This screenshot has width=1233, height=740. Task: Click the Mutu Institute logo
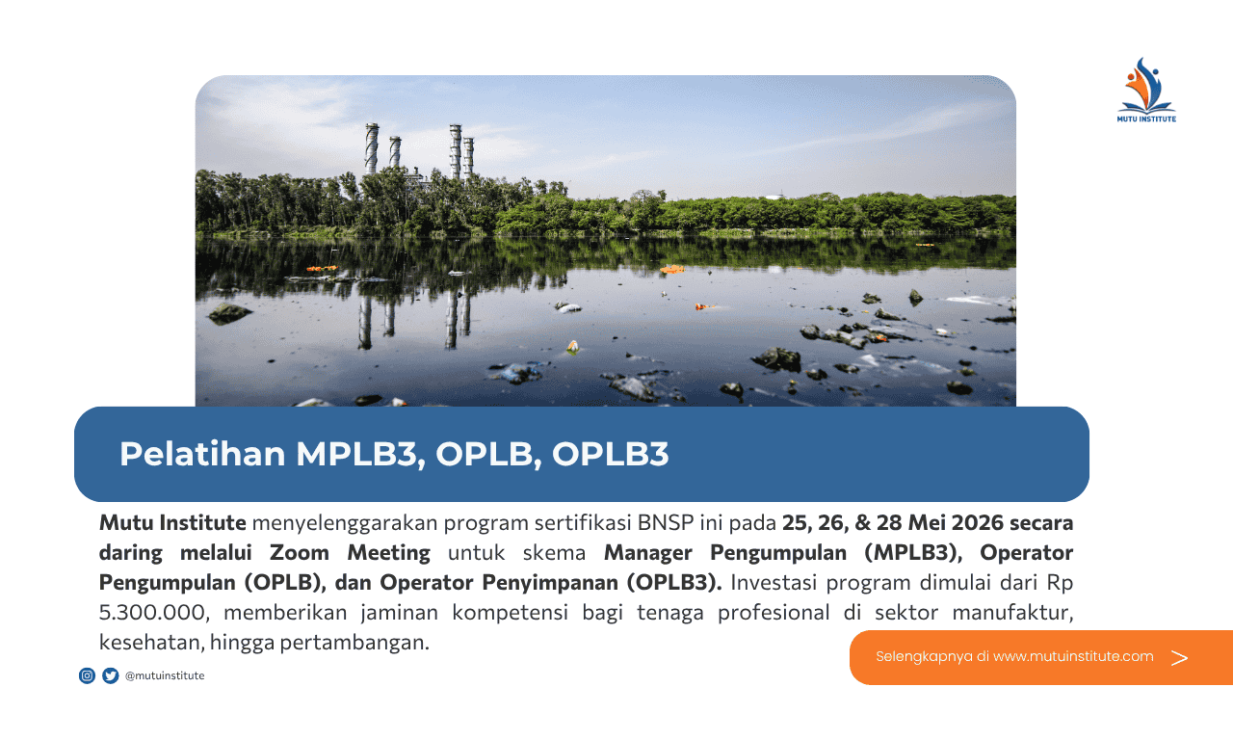[x=1146, y=90]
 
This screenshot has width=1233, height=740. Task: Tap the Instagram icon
[x=87, y=675]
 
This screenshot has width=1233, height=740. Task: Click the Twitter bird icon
[x=111, y=675]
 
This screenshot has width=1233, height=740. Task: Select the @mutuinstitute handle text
[x=165, y=675]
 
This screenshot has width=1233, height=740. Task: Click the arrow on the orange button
[x=1179, y=657]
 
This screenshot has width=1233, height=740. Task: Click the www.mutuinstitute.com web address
[x=1073, y=656]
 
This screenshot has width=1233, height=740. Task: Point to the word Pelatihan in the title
[x=202, y=454]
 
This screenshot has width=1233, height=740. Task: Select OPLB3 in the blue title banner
[x=610, y=454]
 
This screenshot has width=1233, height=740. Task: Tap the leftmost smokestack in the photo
[x=372, y=148]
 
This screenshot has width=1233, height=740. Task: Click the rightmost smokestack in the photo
[x=468, y=157]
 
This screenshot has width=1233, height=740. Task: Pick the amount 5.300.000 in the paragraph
[x=151, y=612]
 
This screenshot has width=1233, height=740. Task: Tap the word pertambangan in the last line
[x=354, y=643]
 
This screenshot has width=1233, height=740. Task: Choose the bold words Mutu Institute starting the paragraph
[x=172, y=522]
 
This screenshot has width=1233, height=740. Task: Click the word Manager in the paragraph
[x=648, y=553]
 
